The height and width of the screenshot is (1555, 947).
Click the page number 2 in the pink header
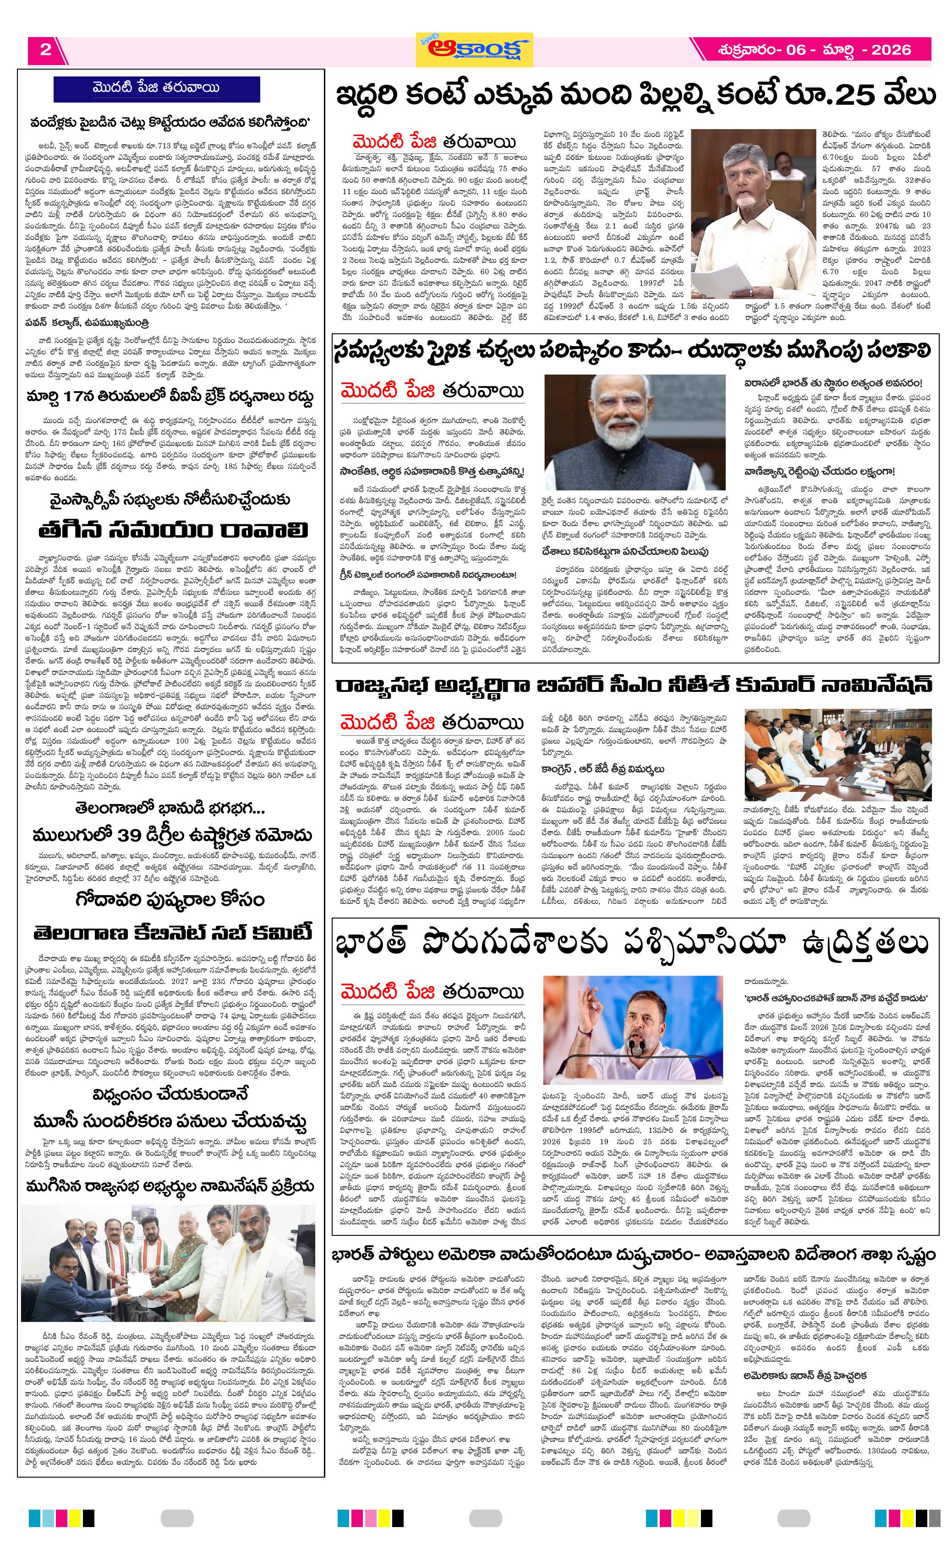click(45, 50)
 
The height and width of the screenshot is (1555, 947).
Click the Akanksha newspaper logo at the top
click(474, 49)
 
